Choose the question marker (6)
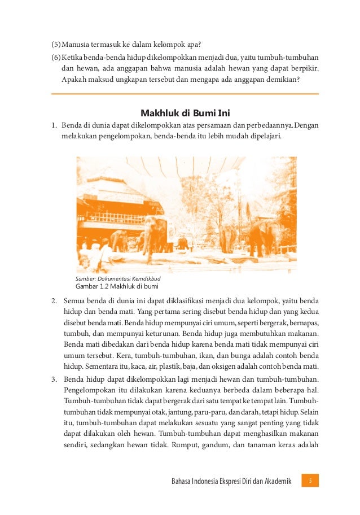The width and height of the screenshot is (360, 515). pyautogui.click(x=56, y=58)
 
